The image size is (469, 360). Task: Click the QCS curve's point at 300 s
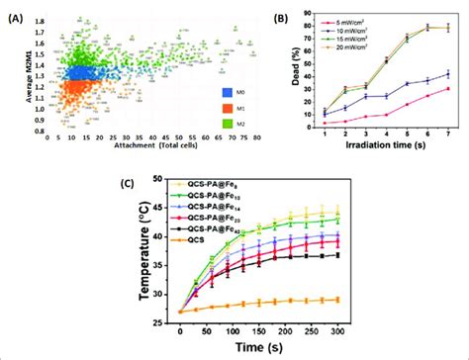(336, 300)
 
